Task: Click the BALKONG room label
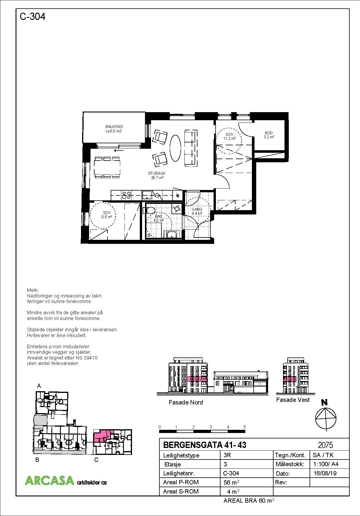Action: coord(114,129)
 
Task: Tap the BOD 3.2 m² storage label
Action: coord(268,135)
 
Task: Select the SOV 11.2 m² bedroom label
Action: coord(229,136)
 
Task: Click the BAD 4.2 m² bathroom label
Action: coord(158,218)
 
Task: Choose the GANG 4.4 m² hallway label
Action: coord(197,211)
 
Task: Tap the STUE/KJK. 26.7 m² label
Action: coord(157,176)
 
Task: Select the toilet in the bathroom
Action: coord(150,210)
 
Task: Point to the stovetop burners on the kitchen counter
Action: coord(127,195)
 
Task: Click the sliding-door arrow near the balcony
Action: coord(118,150)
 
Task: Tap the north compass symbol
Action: coord(326,418)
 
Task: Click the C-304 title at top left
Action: coord(32,17)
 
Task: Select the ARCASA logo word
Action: coord(49,480)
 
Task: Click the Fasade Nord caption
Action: coord(186,402)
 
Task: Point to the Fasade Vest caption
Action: coord(293,400)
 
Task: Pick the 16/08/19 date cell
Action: coord(325,473)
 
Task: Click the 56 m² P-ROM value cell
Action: coord(231,482)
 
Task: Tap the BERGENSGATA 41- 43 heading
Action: coord(205,445)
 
